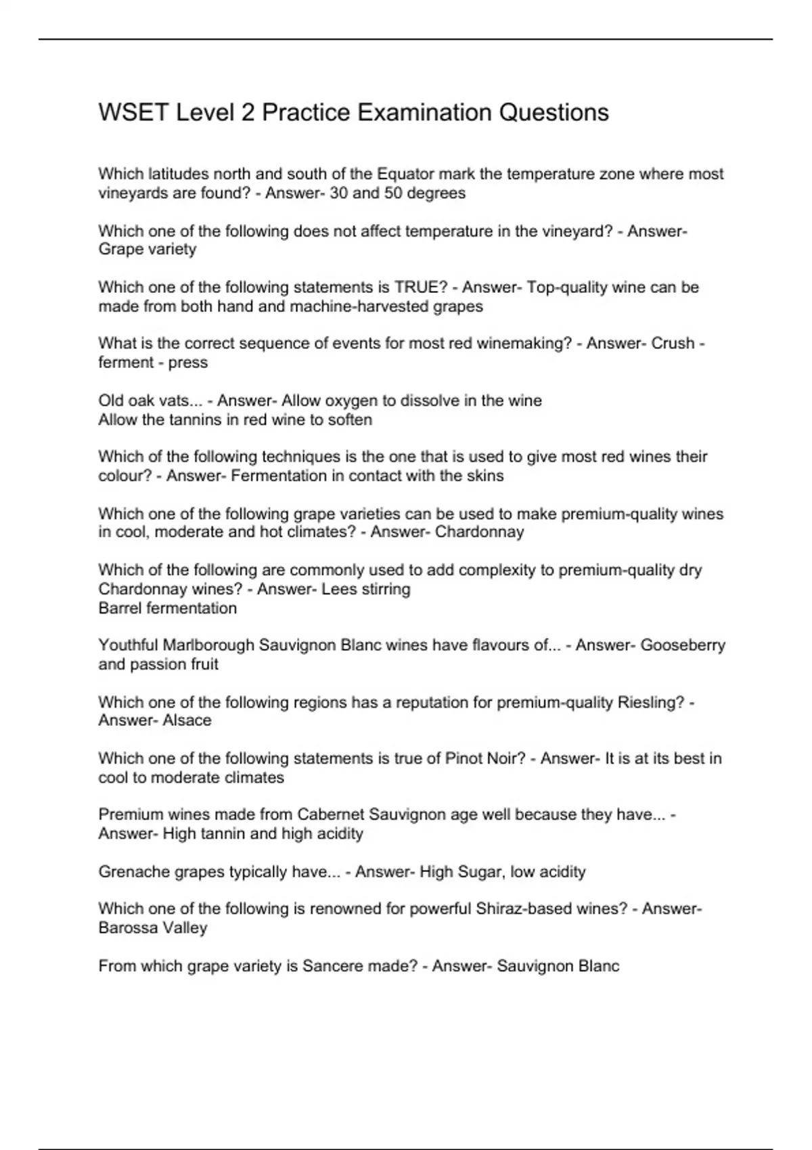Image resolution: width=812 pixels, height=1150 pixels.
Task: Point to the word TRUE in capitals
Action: (416, 287)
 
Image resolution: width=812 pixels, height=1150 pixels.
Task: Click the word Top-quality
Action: (567, 287)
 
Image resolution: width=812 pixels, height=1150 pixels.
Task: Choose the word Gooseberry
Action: (682, 645)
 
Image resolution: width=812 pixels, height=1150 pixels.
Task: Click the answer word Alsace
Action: (187, 720)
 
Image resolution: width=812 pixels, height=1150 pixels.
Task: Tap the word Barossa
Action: (127, 928)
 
